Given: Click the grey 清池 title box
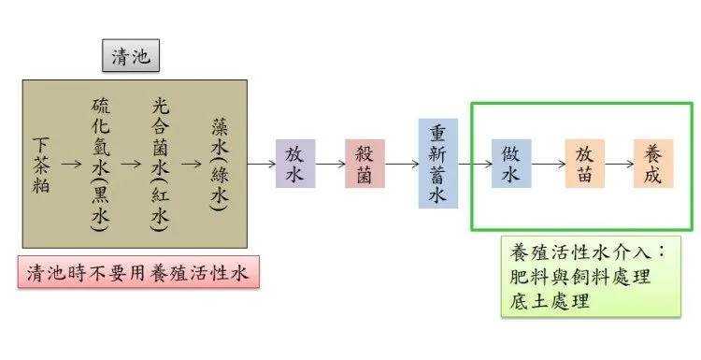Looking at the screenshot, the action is click(131, 55).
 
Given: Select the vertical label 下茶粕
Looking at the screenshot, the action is click(41, 165).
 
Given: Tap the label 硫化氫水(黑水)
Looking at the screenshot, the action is click(101, 165).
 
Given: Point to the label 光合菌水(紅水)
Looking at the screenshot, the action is click(160, 165).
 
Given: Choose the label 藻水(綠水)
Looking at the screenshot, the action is click(220, 165).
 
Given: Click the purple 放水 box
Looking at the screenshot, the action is click(295, 164).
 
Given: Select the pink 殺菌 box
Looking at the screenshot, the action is click(365, 164).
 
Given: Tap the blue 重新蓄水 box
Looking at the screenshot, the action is click(437, 164).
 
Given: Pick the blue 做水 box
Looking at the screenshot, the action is click(511, 164).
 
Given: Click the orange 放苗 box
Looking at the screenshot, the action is click(584, 164).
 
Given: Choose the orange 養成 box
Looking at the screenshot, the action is click(653, 164).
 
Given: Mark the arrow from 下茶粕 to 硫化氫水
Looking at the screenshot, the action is click(71, 165).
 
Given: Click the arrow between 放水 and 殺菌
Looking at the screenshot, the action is click(330, 165).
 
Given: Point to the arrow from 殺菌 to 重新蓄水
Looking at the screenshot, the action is click(402, 165).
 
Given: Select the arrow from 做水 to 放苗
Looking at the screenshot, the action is click(548, 165).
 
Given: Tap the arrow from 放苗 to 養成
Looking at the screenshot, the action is click(619, 165).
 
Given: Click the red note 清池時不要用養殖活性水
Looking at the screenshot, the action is click(138, 272).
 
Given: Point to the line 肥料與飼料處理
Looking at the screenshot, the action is click(579, 277).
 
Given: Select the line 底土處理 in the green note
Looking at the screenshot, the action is click(550, 301).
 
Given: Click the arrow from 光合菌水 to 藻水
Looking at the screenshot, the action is click(192, 165).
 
